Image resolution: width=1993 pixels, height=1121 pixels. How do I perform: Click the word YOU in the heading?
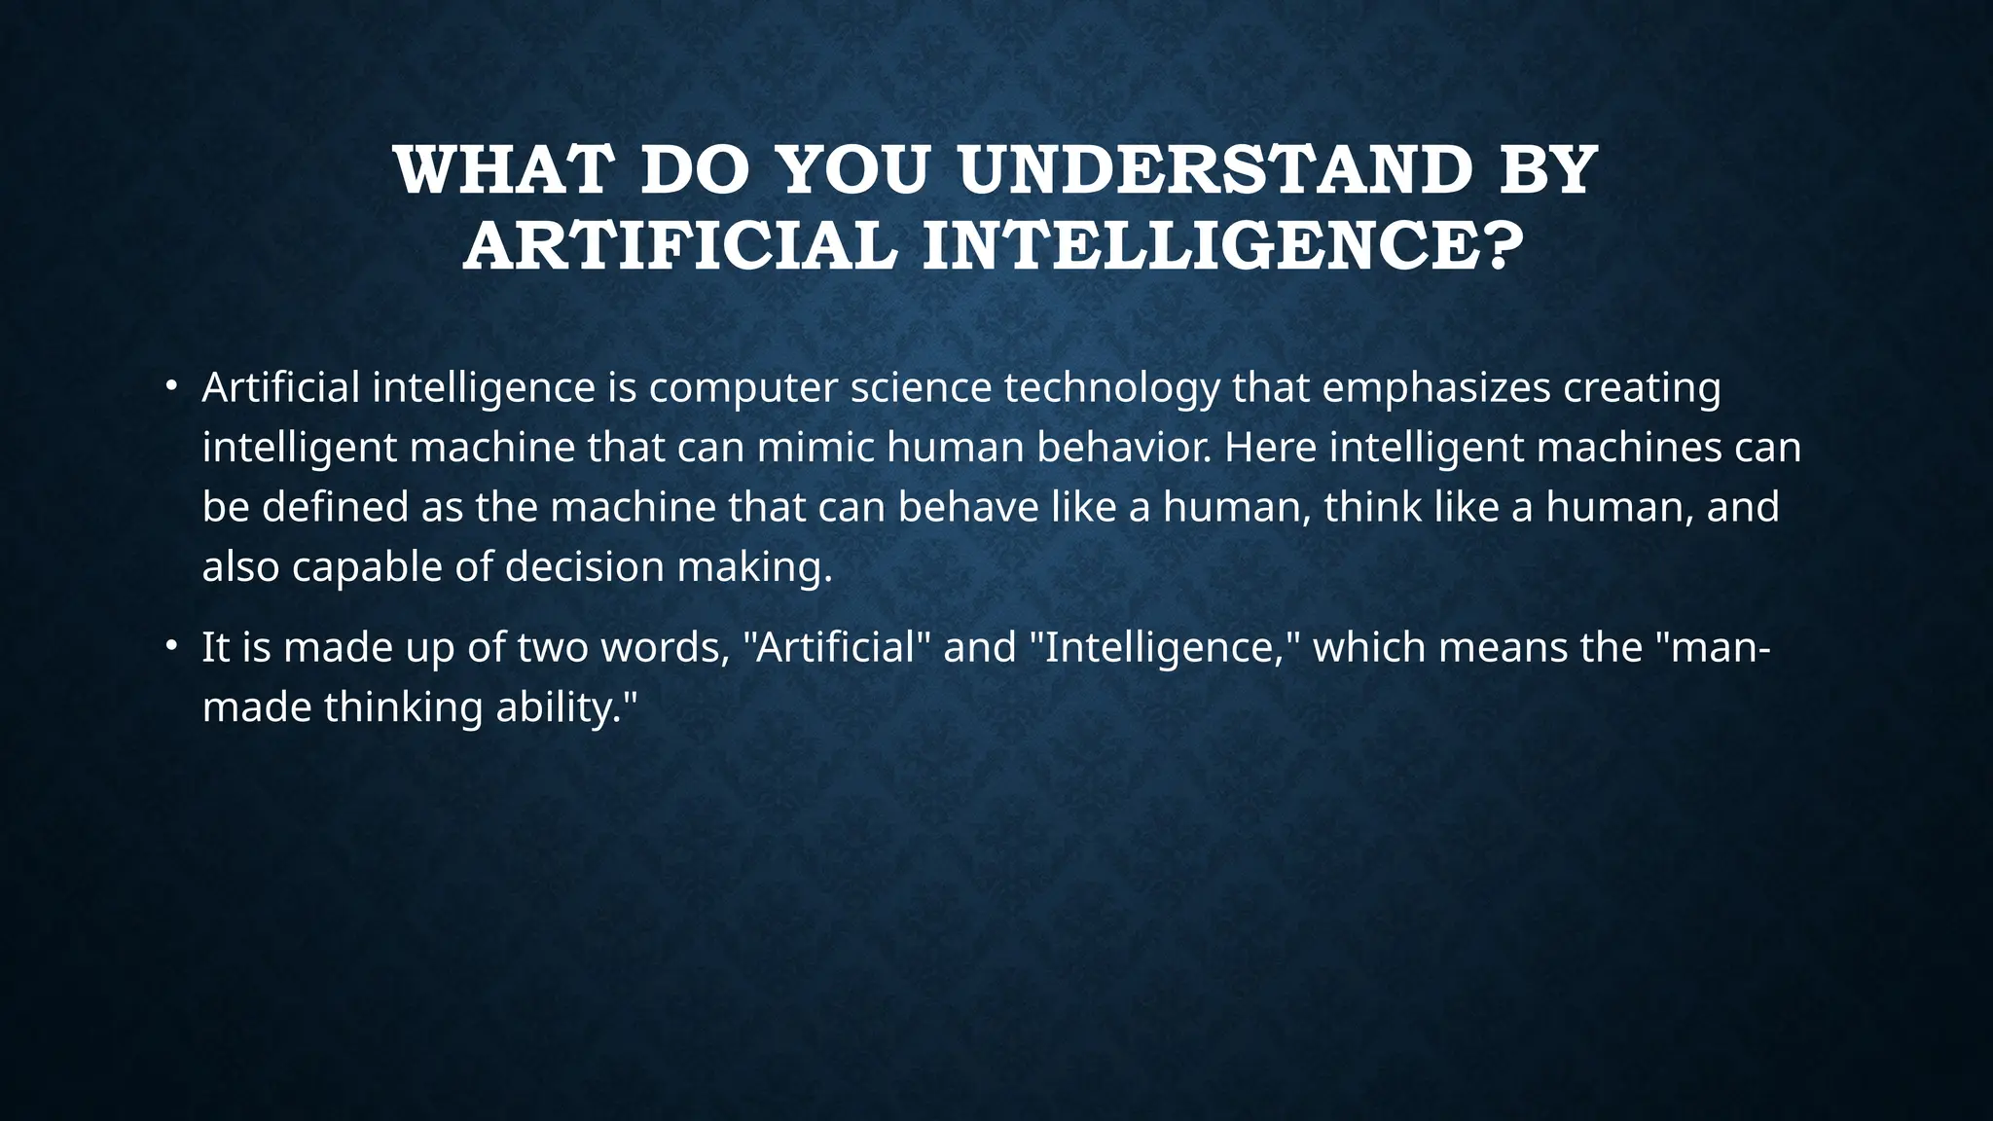coord(864,170)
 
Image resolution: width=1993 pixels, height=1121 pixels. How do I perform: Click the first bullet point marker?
coord(170,386)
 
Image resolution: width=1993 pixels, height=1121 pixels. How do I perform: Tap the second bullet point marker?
coord(170,646)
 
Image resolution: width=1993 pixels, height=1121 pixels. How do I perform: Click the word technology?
coord(1111,388)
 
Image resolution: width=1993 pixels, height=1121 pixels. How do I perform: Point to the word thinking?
coord(403,707)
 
